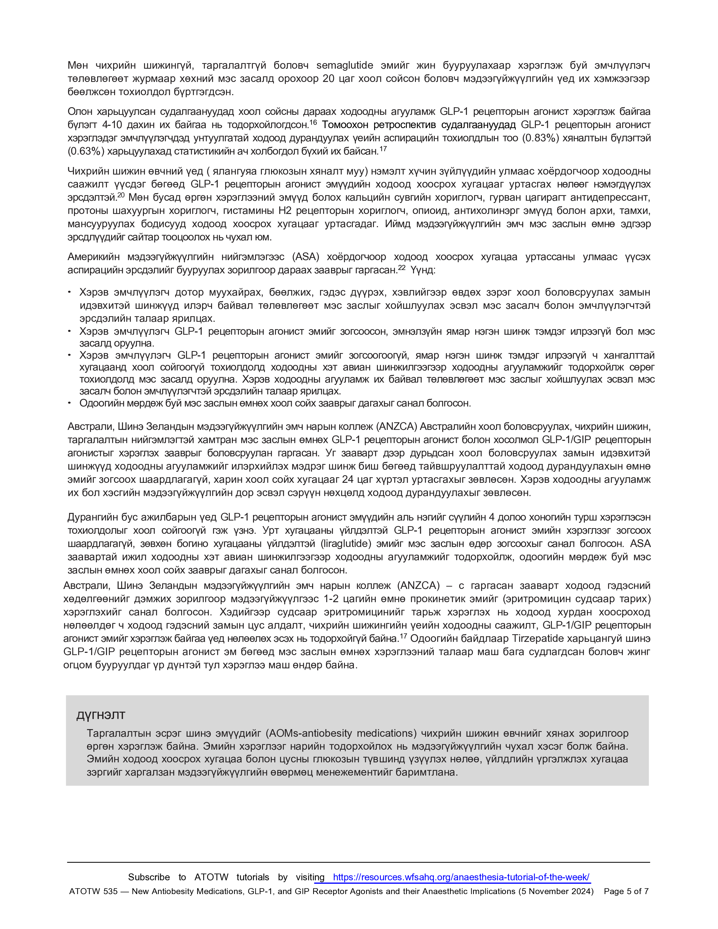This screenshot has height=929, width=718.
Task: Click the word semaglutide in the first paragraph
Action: pos(345,66)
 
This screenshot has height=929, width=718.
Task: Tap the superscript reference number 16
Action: pos(313,122)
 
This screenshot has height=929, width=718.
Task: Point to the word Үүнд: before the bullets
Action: pos(423,270)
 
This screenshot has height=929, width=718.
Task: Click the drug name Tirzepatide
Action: pos(540,638)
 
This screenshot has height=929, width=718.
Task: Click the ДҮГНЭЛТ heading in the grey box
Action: pos(101,715)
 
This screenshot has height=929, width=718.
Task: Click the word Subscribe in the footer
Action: pos(149,877)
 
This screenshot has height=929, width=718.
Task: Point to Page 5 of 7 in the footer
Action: pos(626,891)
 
